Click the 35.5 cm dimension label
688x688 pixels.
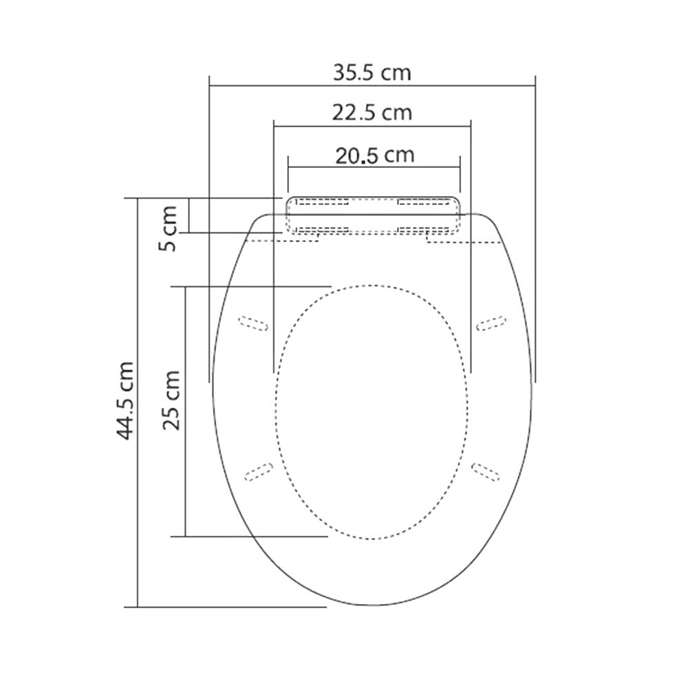372,73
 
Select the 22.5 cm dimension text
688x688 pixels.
372,113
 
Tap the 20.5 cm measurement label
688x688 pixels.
375,155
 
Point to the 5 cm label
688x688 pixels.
168,228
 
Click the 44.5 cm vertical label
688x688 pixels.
125,400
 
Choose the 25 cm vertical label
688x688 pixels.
171,400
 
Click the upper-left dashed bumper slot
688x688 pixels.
253,323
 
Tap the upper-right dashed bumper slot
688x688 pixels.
491,323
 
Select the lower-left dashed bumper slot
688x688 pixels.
259,472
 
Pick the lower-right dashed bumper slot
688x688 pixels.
485,472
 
